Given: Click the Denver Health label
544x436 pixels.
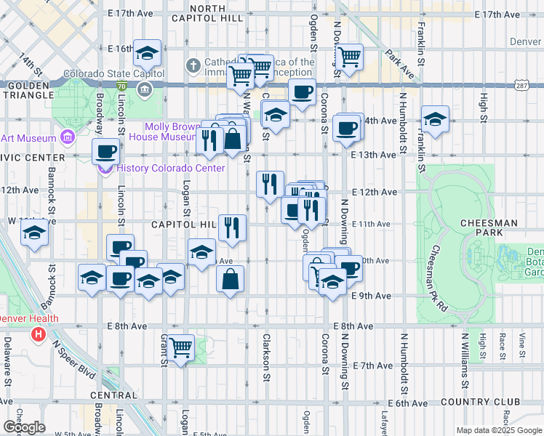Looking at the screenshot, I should click(x=26, y=318).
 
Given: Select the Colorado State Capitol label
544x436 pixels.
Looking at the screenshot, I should click(x=109, y=73).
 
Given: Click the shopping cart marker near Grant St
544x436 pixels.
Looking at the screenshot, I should click(x=180, y=347).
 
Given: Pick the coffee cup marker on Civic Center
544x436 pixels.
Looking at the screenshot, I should click(x=107, y=151).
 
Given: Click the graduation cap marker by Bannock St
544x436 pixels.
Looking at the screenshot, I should click(x=33, y=234).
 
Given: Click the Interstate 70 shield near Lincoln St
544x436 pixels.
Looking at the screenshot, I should click(x=121, y=86).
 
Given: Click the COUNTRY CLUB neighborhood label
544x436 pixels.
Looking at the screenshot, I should click(x=486, y=403).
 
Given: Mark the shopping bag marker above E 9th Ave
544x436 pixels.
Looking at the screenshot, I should click(x=230, y=278).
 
